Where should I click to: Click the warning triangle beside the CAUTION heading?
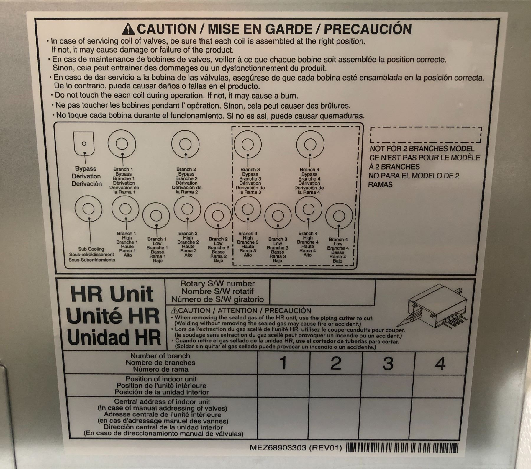pos(129,29)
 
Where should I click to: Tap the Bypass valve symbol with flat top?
pos(84,143)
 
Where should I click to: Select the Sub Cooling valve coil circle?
pos(88,209)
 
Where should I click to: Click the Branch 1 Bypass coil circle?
pos(122,144)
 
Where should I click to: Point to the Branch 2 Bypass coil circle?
pos(185,144)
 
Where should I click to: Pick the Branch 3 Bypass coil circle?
pos(248,144)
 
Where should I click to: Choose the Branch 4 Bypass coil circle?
pos(310,144)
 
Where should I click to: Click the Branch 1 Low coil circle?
pos(156,216)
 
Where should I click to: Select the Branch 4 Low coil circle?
pos(339,216)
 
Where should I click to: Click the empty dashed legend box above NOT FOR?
pos(426,135)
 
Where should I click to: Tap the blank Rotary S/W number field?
pos(322,291)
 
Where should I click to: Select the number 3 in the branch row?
pos(388,363)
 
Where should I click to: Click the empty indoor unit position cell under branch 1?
pos(283,386)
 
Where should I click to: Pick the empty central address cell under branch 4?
pos(441,417)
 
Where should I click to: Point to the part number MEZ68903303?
pos(278,448)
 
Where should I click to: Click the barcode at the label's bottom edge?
pos(402,447)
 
